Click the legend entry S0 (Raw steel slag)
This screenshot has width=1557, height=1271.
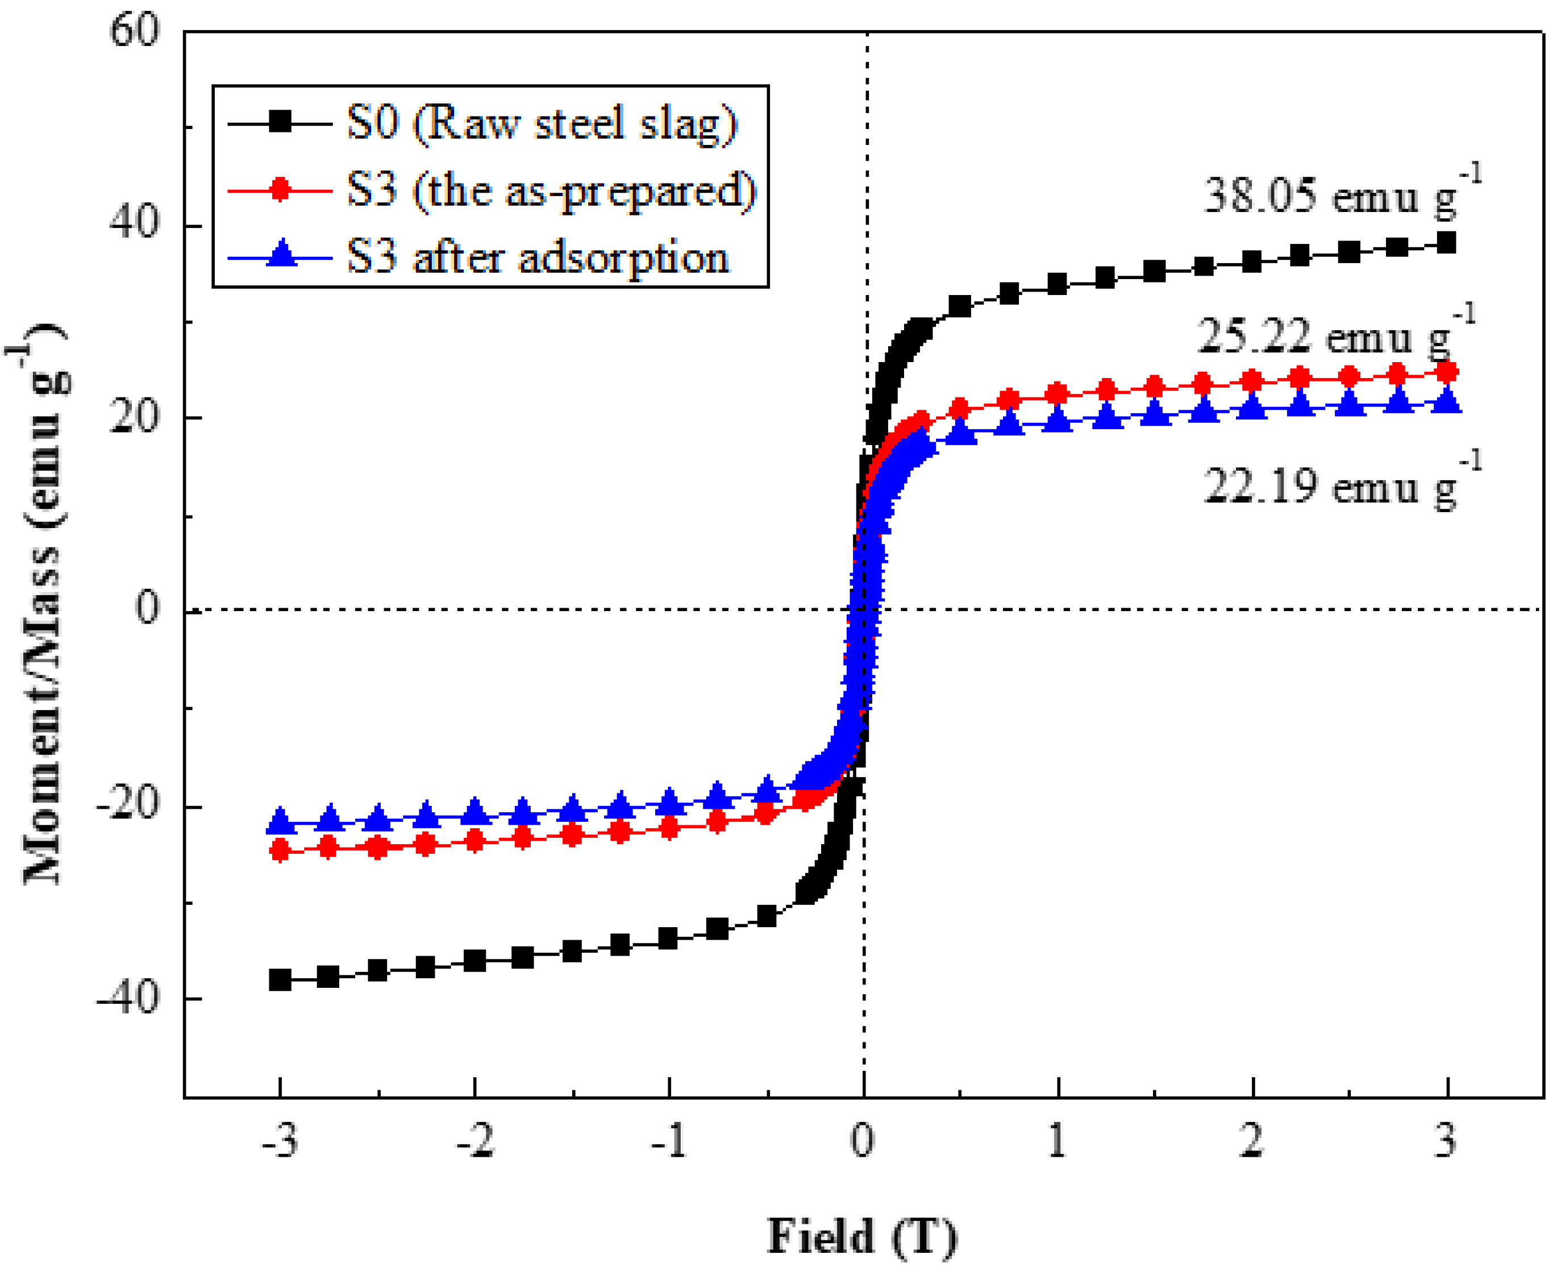(x=542, y=123)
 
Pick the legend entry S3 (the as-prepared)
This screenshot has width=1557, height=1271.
(x=551, y=190)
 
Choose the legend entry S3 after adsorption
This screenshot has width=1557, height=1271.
(x=538, y=257)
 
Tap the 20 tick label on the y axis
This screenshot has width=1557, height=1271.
(x=134, y=418)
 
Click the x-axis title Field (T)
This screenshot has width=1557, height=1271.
(x=861, y=1236)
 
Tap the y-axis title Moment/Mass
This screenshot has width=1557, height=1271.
(x=40, y=608)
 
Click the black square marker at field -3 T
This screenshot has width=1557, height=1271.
(x=280, y=979)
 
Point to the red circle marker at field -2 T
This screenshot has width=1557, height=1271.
(x=475, y=841)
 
